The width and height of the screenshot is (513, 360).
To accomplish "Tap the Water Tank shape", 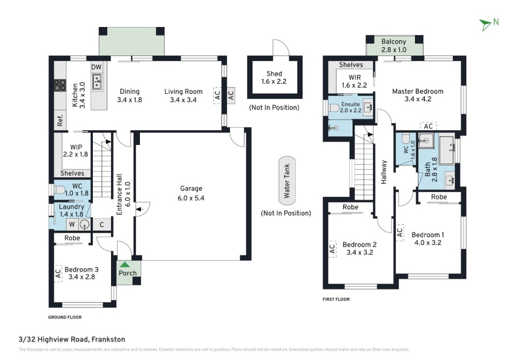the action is (x=287, y=180).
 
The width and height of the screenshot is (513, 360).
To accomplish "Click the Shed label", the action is (x=274, y=74).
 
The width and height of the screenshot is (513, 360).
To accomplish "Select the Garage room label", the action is (x=191, y=188).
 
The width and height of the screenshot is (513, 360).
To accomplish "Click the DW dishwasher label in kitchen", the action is (x=96, y=67).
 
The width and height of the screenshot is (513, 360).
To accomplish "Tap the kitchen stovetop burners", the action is (x=60, y=85).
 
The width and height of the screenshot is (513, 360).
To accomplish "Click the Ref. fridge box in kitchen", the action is (x=60, y=120).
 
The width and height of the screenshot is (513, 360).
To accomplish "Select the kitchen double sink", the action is (x=97, y=82).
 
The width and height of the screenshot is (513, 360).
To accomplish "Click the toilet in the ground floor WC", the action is (x=59, y=190).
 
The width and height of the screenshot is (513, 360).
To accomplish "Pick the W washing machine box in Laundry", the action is (x=72, y=224).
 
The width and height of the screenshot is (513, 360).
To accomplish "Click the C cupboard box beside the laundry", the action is (x=102, y=224).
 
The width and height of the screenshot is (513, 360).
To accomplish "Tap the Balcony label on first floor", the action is (x=394, y=42).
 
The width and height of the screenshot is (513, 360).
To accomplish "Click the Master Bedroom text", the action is (x=418, y=91).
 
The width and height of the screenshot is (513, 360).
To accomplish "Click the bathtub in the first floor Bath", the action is (x=447, y=150).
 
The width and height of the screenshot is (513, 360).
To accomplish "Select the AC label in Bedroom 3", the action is (x=58, y=273).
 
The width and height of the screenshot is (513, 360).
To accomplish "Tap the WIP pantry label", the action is (x=76, y=147).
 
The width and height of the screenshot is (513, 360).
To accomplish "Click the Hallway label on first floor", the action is (x=384, y=172).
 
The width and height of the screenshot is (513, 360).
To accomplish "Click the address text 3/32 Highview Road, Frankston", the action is (x=72, y=339).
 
